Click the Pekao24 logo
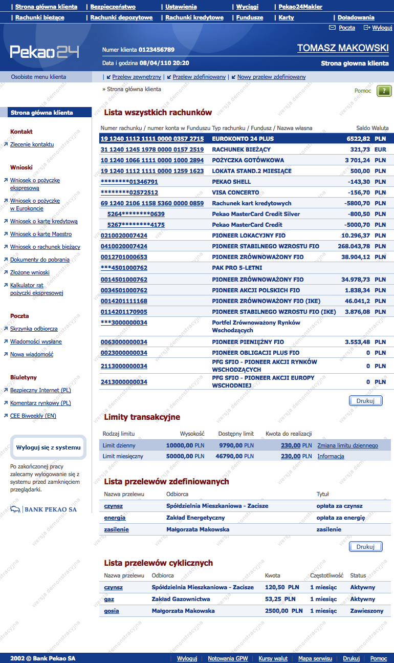pos(45,52)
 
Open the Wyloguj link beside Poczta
pos(382,28)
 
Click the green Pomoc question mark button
pos(384,91)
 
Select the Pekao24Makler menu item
pos(300,7)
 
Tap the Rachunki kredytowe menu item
pos(194,17)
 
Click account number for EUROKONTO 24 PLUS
pos(152,139)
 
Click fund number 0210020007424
pos(124,236)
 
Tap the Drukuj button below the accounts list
pos(365,401)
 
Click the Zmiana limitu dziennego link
pos(347,445)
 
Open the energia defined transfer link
pos(115,518)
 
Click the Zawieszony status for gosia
pos(366,611)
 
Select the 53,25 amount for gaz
pos(274,599)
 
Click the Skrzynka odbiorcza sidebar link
pos(34,329)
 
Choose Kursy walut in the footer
pos(273,658)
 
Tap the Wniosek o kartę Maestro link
pos(41,234)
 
